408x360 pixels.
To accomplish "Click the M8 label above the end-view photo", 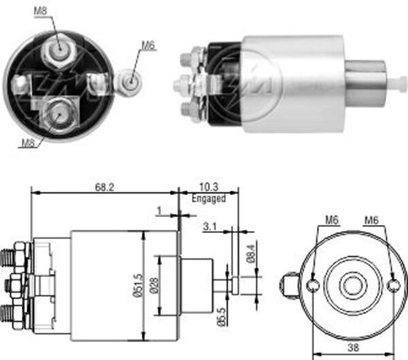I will (41, 10).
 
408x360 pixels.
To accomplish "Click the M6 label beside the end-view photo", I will (148, 46).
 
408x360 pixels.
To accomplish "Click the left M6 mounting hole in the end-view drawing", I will (312, 285).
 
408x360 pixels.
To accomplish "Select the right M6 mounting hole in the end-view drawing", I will (392, 285).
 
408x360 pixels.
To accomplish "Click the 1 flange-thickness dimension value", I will (158, 211).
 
